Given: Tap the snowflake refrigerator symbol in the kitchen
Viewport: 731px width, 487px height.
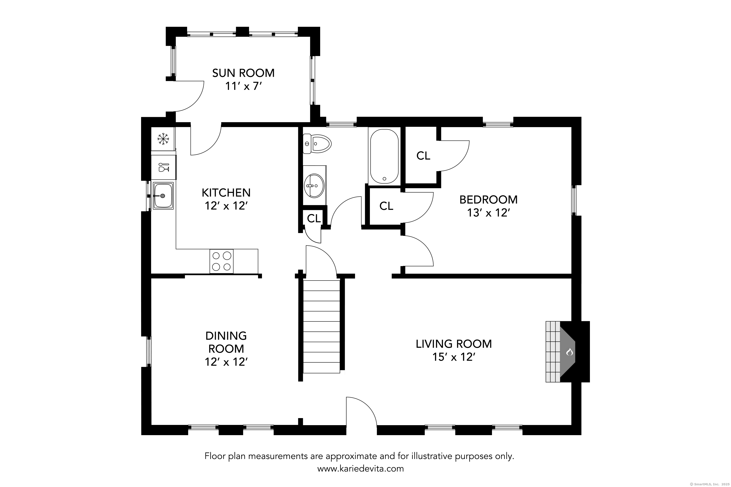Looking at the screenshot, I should coord(163,139).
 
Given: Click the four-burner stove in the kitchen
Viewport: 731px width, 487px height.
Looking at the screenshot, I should coord(221,261).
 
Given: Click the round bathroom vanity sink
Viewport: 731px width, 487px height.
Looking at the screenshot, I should coord(314,186).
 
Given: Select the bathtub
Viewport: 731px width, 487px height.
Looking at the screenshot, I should coord(384,156).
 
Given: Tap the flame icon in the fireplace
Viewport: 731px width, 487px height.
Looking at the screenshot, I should coord(569,352).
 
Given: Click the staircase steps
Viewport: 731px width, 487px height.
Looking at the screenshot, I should coord(321,326).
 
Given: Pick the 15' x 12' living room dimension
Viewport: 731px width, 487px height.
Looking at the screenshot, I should coord(453,357).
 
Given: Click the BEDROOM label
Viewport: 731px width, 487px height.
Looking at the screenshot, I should coord(488,200).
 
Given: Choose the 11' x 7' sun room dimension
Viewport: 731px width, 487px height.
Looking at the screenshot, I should coord(243,86).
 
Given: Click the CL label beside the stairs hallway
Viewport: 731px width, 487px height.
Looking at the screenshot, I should coord(314,219).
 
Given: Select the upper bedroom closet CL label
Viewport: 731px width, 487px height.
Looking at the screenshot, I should coord(423,156).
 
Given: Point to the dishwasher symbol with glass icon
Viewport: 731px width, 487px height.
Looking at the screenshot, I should coord(163,168).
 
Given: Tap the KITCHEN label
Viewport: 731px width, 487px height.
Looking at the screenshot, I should coord(226,193).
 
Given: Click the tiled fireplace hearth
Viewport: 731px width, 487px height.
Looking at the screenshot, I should coord(553,351).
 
